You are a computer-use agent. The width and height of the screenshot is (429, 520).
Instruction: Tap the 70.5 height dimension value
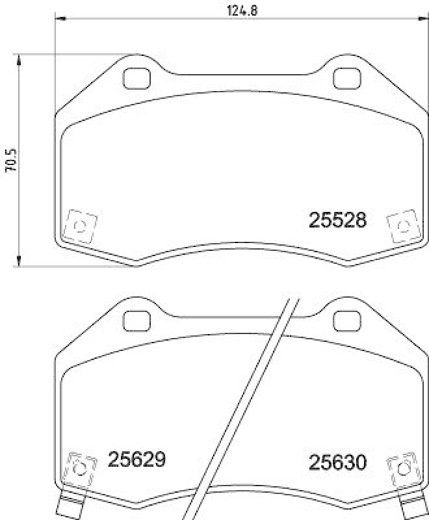point(10,160)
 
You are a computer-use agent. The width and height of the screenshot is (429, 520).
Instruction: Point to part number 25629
point(136,460)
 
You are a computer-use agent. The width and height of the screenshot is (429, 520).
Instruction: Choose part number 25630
point(337,463)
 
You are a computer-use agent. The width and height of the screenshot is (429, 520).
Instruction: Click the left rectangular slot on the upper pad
point(136,78)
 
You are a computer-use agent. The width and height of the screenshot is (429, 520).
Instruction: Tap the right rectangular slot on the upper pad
point(346,78)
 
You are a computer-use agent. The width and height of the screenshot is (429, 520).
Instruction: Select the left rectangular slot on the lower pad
point(136,320)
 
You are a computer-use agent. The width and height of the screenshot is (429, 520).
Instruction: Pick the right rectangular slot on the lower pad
point(346,320)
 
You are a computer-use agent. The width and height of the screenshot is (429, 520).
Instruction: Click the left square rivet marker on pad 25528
point(80,226)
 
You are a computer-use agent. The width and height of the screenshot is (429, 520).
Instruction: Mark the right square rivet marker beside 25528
point(402,226)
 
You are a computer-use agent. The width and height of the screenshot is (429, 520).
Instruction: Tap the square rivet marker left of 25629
point(81,468)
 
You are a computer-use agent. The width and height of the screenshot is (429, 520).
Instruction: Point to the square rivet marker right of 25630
point(402,468)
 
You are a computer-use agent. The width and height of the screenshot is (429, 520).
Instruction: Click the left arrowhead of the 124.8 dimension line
point(60,19)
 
